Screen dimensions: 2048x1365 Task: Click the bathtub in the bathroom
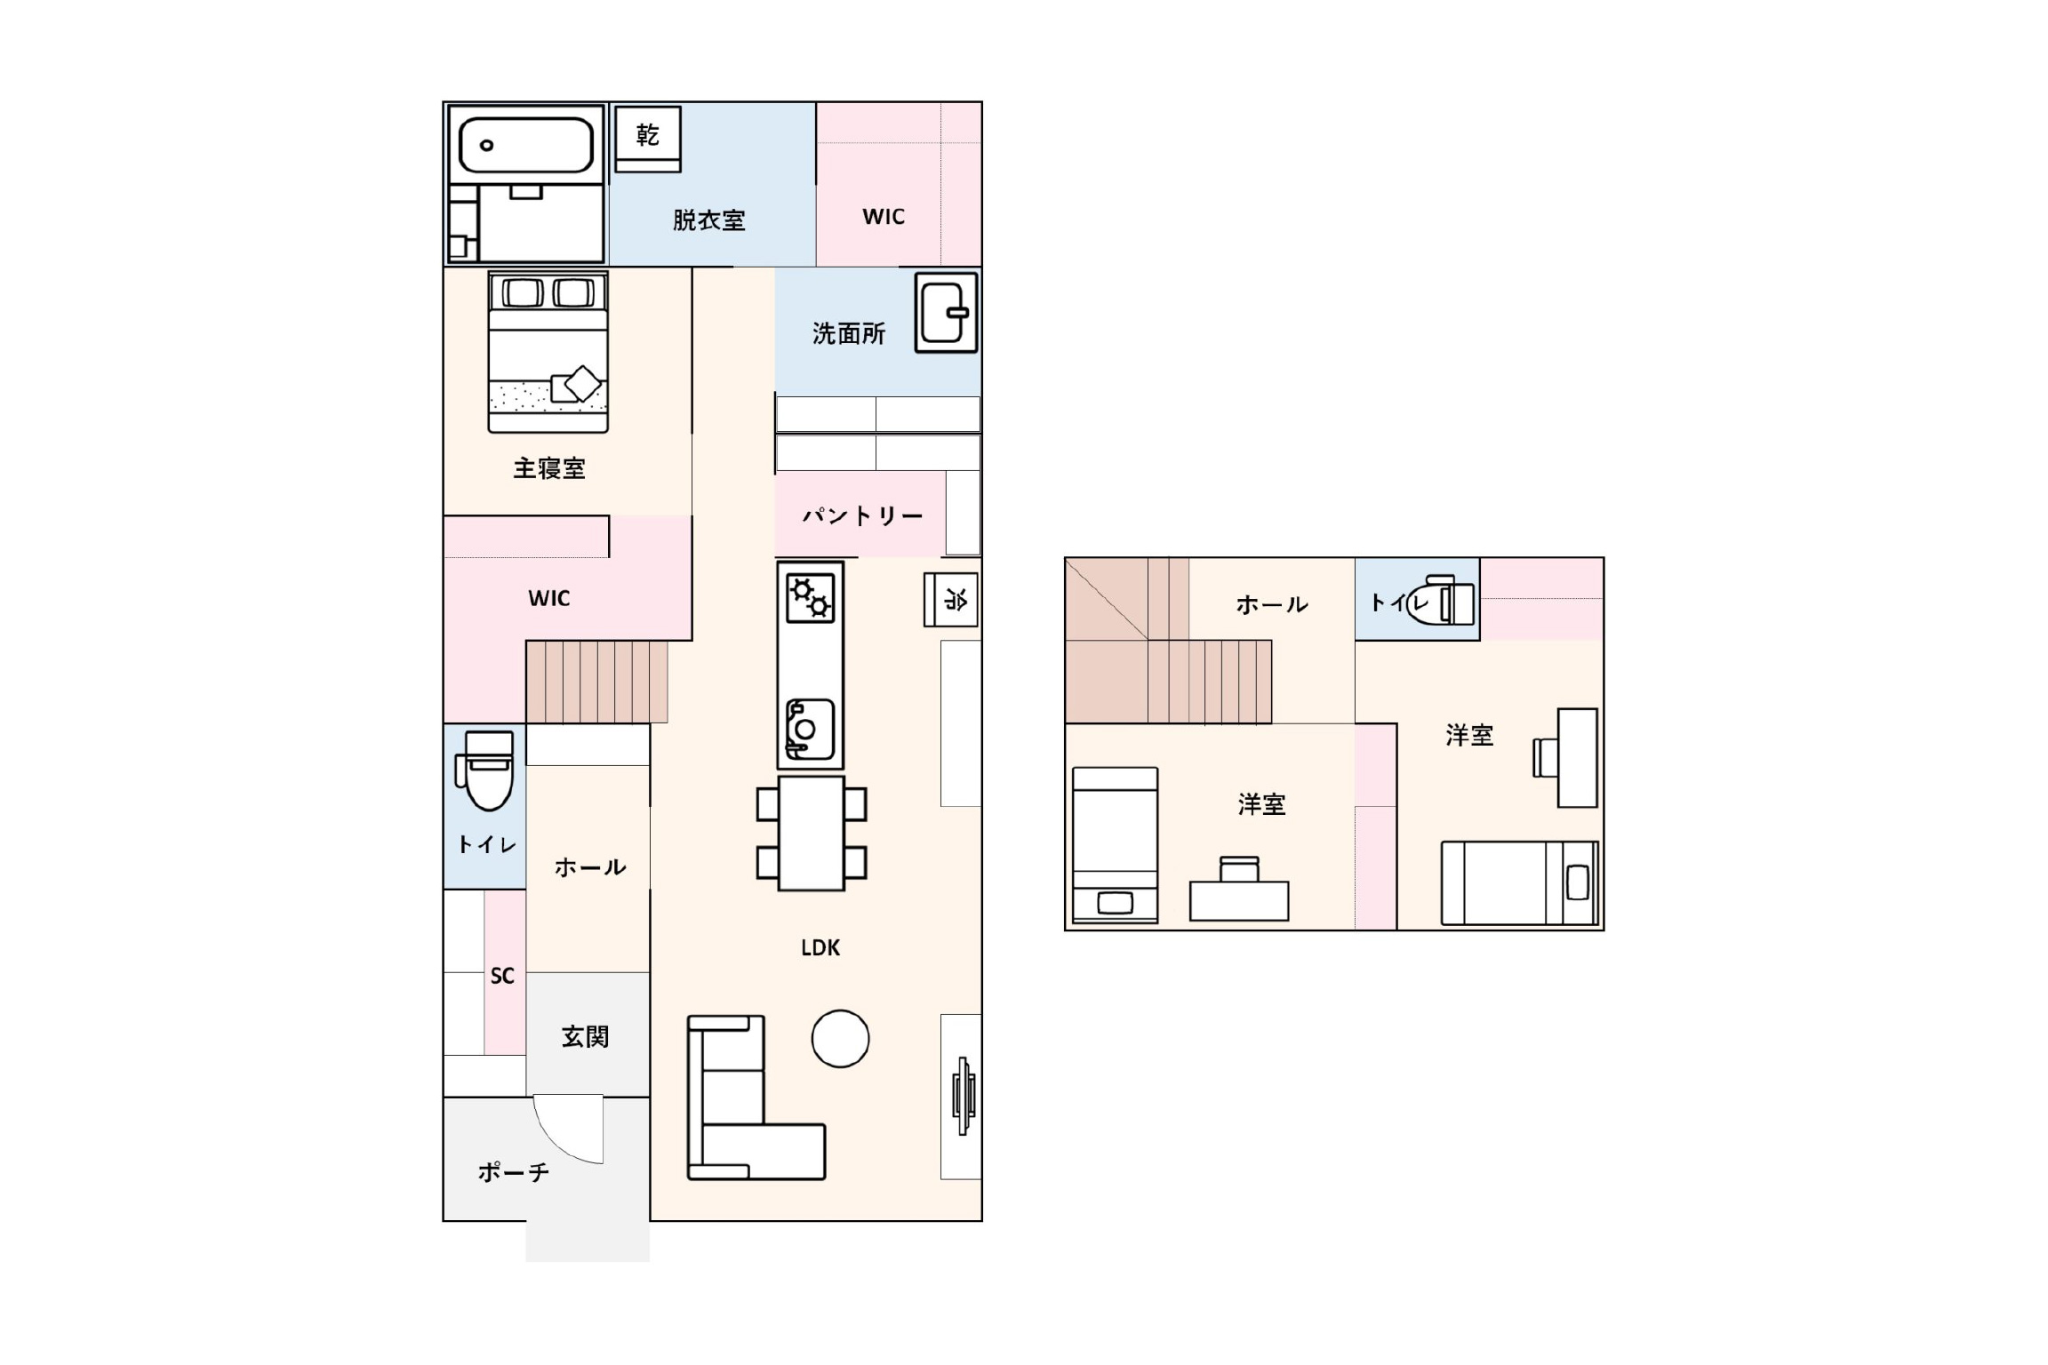(x=525, y=146)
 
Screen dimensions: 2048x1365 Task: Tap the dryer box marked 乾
(x=648, y=140)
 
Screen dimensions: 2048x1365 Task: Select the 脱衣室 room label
(x=708, y=220)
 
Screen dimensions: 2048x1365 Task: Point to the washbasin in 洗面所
(x=947, y=313)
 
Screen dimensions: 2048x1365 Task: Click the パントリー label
(x=862, y=515)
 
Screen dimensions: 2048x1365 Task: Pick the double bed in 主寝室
(x=548, y=352)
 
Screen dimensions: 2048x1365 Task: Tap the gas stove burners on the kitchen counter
(x=811, y=597)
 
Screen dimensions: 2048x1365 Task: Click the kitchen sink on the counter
(x=810, y=730)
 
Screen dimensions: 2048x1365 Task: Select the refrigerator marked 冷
(x=951, y=600)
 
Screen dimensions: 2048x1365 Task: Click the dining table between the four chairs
(x=811, y=834)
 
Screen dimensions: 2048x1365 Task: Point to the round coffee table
(x=840, y=1038)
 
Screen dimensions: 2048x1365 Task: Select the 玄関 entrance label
(x=585, y=1036)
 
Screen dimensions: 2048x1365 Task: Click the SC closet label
(x=502, y=976)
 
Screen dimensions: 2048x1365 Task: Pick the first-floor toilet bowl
(x=485, y=770)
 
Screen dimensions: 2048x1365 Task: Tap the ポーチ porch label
(x=514, y=1172)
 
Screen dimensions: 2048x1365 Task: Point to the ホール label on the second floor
(x=1272, y=605)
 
